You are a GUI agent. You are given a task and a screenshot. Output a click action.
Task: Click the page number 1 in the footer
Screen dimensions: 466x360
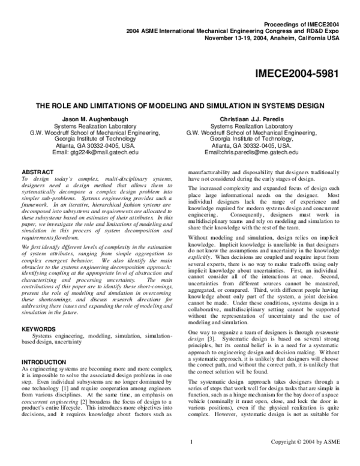[x=190, y=460]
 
